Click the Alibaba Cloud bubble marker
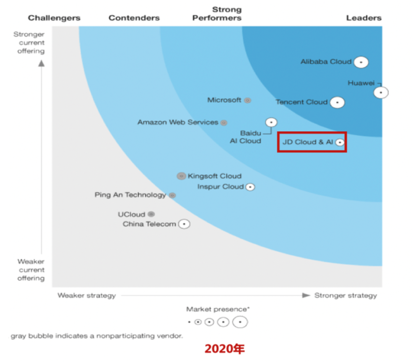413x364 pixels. pyautogui.click(x=361, y=62)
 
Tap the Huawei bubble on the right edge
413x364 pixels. pyautogui.click(x=381, y=92)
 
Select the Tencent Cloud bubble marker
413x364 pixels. pyautogui.click(x=337, y=102)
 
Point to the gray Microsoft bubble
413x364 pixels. pyautogui.click(x=248, y=100)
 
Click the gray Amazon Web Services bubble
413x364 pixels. pyautogui.click(x=224, y=123)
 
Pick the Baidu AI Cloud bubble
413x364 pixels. pyautogui.click(x=272, y=122)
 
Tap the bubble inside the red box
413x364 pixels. pyautogui.click(x=339, y=143)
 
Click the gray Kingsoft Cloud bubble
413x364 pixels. pyautogui.click(x=181, y=176)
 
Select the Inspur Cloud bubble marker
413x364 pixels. pyautogui.click(x=250, y=187)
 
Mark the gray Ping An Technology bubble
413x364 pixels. pyautogui.click(x=172, y=195)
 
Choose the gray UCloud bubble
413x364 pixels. pyautogui.click(x=151, y=214)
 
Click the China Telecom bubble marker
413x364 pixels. pyautogui.click(x=184, y=224)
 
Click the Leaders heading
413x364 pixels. pyautogui.click(x=364, y=18)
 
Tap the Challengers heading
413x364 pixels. pyautogui.click(x=54, y=18)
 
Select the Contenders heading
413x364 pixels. pyautogui.click(x=134, y=18)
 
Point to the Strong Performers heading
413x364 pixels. pyautogui.click(x=217, y=14)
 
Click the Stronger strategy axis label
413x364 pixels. pyautogui.click(x=345, y=295)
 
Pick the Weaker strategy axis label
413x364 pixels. pyautogui.click(x=86, y=295)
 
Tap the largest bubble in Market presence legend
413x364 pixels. pyautogui.click(x=240, y=322)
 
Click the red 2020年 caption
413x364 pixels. pyautogui.click(x=224, y=349)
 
